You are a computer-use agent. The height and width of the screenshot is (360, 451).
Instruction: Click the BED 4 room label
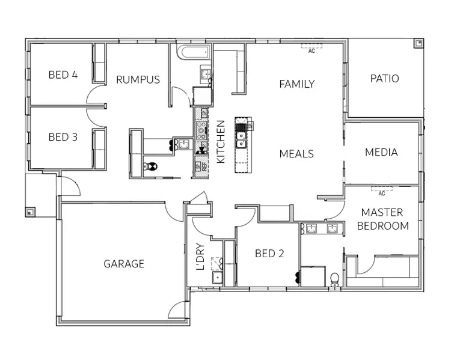pyautogui.click(x=63, y=75)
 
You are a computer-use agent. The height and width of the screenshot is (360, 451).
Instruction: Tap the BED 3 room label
pyautogui.click(x=63, y=137)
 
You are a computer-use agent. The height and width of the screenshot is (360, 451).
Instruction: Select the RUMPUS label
pyautogui.click(x=138, y=79)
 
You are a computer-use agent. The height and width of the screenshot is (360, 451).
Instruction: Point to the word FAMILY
pyautogui.click(x=296, y=84)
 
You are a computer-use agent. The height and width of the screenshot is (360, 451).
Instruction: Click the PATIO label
pyautogui.click(x=384, y=79)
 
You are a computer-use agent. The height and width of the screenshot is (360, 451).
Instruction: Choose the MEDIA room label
pyautogui.click(x=381, y=153)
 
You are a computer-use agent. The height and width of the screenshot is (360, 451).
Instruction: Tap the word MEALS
pyautogui.click(x=296, y=154)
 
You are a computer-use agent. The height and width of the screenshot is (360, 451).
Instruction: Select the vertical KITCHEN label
pyautogui.click(x=220, y=142)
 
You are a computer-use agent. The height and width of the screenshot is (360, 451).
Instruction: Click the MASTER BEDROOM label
pyautogui.click(x=382, y=219)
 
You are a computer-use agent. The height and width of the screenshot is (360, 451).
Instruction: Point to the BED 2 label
pyautogui.click(x=269, y=254)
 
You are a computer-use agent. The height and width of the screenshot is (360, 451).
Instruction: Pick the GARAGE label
pyautogui.click(x=124, y=264)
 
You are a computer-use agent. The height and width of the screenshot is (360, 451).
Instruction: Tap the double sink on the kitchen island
pyautogui.click(x=241, y=139)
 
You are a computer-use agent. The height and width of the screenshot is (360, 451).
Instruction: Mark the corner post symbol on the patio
pyautogui.click(x=417, y=43)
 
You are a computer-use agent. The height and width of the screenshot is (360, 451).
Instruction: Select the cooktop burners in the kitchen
pyautogui.click(x=200, y=127)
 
